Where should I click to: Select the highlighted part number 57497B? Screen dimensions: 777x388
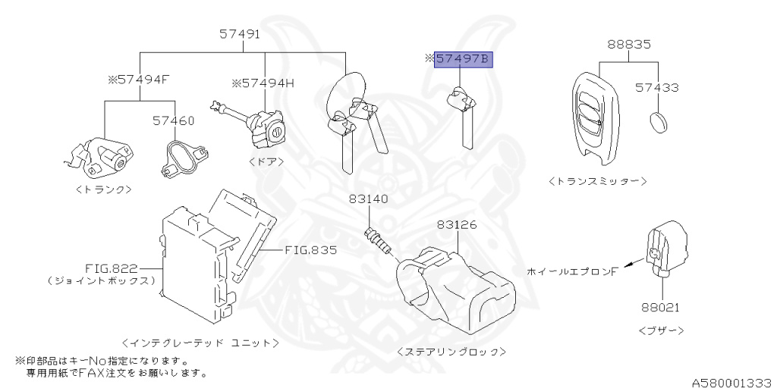pos(463,59)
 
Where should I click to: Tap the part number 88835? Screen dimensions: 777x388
pos(628,45)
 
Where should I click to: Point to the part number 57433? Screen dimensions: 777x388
pos(657,88)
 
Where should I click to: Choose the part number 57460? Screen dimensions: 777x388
pos(173,120)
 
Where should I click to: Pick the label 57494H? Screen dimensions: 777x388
pos(263,83)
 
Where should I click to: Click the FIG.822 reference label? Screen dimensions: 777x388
pos(112,268)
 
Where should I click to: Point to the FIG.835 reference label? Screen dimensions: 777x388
pos(311,249)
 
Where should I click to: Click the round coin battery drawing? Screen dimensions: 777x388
pos(659,121)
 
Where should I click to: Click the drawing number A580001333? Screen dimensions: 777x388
pos(731,380)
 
